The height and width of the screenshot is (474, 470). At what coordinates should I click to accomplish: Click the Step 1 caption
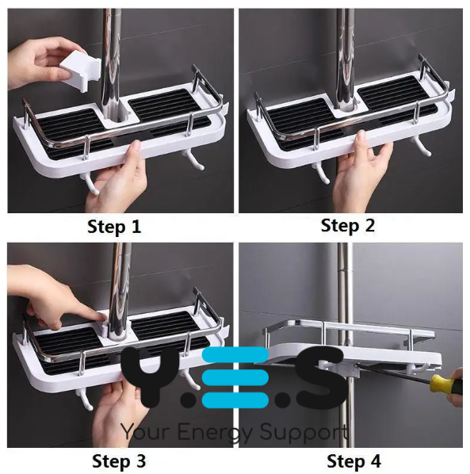click(115, 227)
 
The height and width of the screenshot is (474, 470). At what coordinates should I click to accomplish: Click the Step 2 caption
click(347, 225)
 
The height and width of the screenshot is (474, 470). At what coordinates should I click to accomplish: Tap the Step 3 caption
click(118, 460)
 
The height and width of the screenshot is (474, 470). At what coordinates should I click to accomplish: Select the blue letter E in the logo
click(234, 377)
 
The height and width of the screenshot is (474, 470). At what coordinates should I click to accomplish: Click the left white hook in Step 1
click(90, 183)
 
